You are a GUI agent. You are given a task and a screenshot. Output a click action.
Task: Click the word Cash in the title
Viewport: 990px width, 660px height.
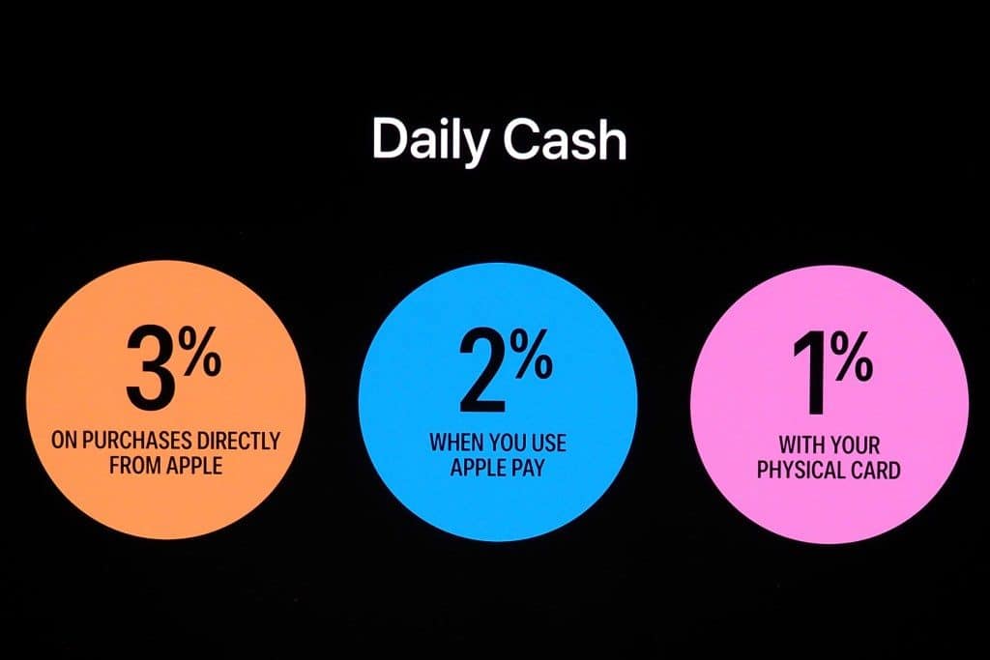pos(565,138)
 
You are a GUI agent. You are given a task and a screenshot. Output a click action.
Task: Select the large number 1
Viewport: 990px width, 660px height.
pos(810,374)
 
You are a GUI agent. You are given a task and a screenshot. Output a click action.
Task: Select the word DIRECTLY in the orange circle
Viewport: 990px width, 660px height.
pos(239,440)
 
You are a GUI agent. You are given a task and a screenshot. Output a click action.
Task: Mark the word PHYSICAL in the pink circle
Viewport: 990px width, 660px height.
pos(802,470)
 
